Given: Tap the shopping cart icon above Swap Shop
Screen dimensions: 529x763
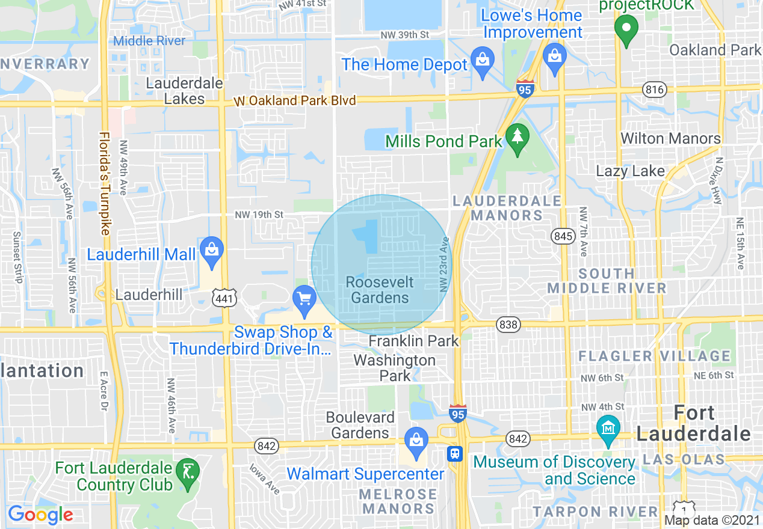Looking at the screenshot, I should pos(304,299).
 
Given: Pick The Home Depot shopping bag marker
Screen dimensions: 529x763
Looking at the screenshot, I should pos(482,61).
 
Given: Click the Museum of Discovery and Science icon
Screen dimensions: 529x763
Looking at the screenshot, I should pos(609,428).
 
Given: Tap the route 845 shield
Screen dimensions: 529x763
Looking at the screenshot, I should pos(563,236).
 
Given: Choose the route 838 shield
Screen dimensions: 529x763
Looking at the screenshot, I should pos(508,325).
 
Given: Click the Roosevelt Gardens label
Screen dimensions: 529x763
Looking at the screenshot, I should pos(380,290).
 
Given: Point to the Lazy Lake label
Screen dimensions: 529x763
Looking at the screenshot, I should pos(630,171).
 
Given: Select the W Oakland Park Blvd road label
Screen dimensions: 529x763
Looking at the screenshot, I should pos(295,100).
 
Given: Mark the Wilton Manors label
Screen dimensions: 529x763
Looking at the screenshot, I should pos(670,139).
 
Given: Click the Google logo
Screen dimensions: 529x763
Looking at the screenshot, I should pos(40,515).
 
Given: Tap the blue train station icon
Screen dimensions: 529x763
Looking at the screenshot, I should pos(455,453).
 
